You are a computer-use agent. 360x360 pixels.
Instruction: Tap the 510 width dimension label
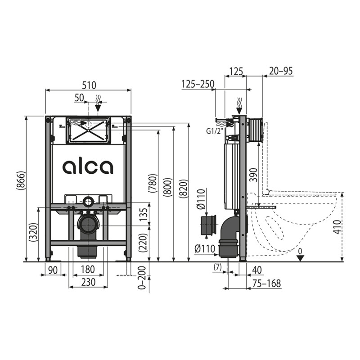[x=89, y=85]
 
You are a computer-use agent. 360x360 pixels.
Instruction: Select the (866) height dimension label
[x=20, y=180]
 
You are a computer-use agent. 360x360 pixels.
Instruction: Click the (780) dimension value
[x=153, y=183]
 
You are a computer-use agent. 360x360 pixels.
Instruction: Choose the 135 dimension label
[x=144, y=215]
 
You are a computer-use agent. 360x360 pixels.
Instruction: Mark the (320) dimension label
[x=33, y=232]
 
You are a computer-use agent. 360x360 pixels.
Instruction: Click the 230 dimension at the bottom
[x=89, y=282]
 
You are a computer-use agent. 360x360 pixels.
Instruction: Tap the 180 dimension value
[x=88, y=270]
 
